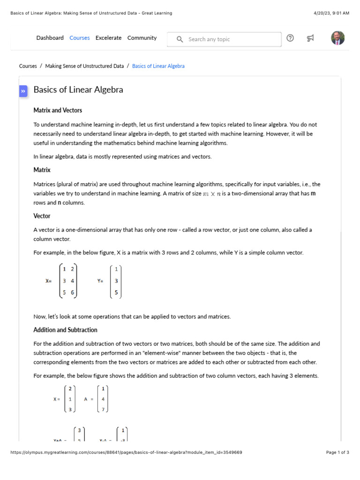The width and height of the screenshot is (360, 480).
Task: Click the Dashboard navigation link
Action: pyautogui.click(x=50, y=38)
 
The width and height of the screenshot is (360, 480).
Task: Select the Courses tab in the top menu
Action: pyautogui.click(x=79, y=38)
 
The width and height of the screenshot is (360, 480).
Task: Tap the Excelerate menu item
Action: pyautogui.click(x=108, y=38)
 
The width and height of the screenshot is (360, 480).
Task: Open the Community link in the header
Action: pyautogui.click(x=142, y=38)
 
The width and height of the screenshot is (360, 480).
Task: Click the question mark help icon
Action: pyautogui.click(x=290, y=38)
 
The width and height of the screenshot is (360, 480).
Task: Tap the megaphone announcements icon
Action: pyautogui.click(x=310, y=38)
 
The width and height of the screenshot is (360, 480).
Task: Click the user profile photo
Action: pyautogui.click(x=337, y=38)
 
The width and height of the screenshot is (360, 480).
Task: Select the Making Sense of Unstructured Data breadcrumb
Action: pyautogui.click(x=84, y=66)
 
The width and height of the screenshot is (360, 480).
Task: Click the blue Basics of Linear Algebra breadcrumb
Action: pyautogui.click(x=158, y=66)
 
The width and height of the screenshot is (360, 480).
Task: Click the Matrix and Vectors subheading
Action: pyautogui.click(x=58, y=110)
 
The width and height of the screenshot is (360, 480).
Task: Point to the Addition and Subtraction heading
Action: pyautogui.click(x=65, y=330)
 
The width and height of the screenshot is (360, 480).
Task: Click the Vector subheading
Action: pyautogui.click(x=42, y=216)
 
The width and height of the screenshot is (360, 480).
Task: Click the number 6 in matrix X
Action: pyautogui.click(x=72, y=292)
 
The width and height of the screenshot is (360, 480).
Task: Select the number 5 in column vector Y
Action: pyautogui.click(x=116, y=293)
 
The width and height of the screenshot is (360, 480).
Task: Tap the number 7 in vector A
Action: pyautogui.click(x=103, y=409)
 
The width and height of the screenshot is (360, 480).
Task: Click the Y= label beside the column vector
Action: pyautogui.click(x=100, y=281)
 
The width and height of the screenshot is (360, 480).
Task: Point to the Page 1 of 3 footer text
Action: pyautogui.click(x=337, y=453)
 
